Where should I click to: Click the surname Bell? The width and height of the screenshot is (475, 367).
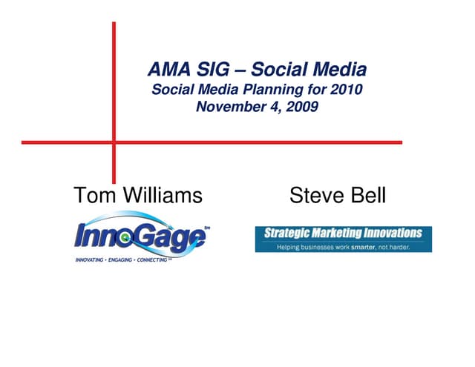point(367,196)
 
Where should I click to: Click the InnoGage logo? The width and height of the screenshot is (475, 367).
point(141,236)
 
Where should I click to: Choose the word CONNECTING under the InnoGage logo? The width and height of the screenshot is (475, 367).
point(167,262)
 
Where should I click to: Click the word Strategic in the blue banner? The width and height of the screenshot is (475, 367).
point(286,234)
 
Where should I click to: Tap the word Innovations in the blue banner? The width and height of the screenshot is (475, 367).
point(393,234)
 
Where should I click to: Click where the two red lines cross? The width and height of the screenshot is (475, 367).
point(114,142)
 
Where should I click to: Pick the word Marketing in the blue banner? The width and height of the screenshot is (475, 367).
point(337,234)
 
